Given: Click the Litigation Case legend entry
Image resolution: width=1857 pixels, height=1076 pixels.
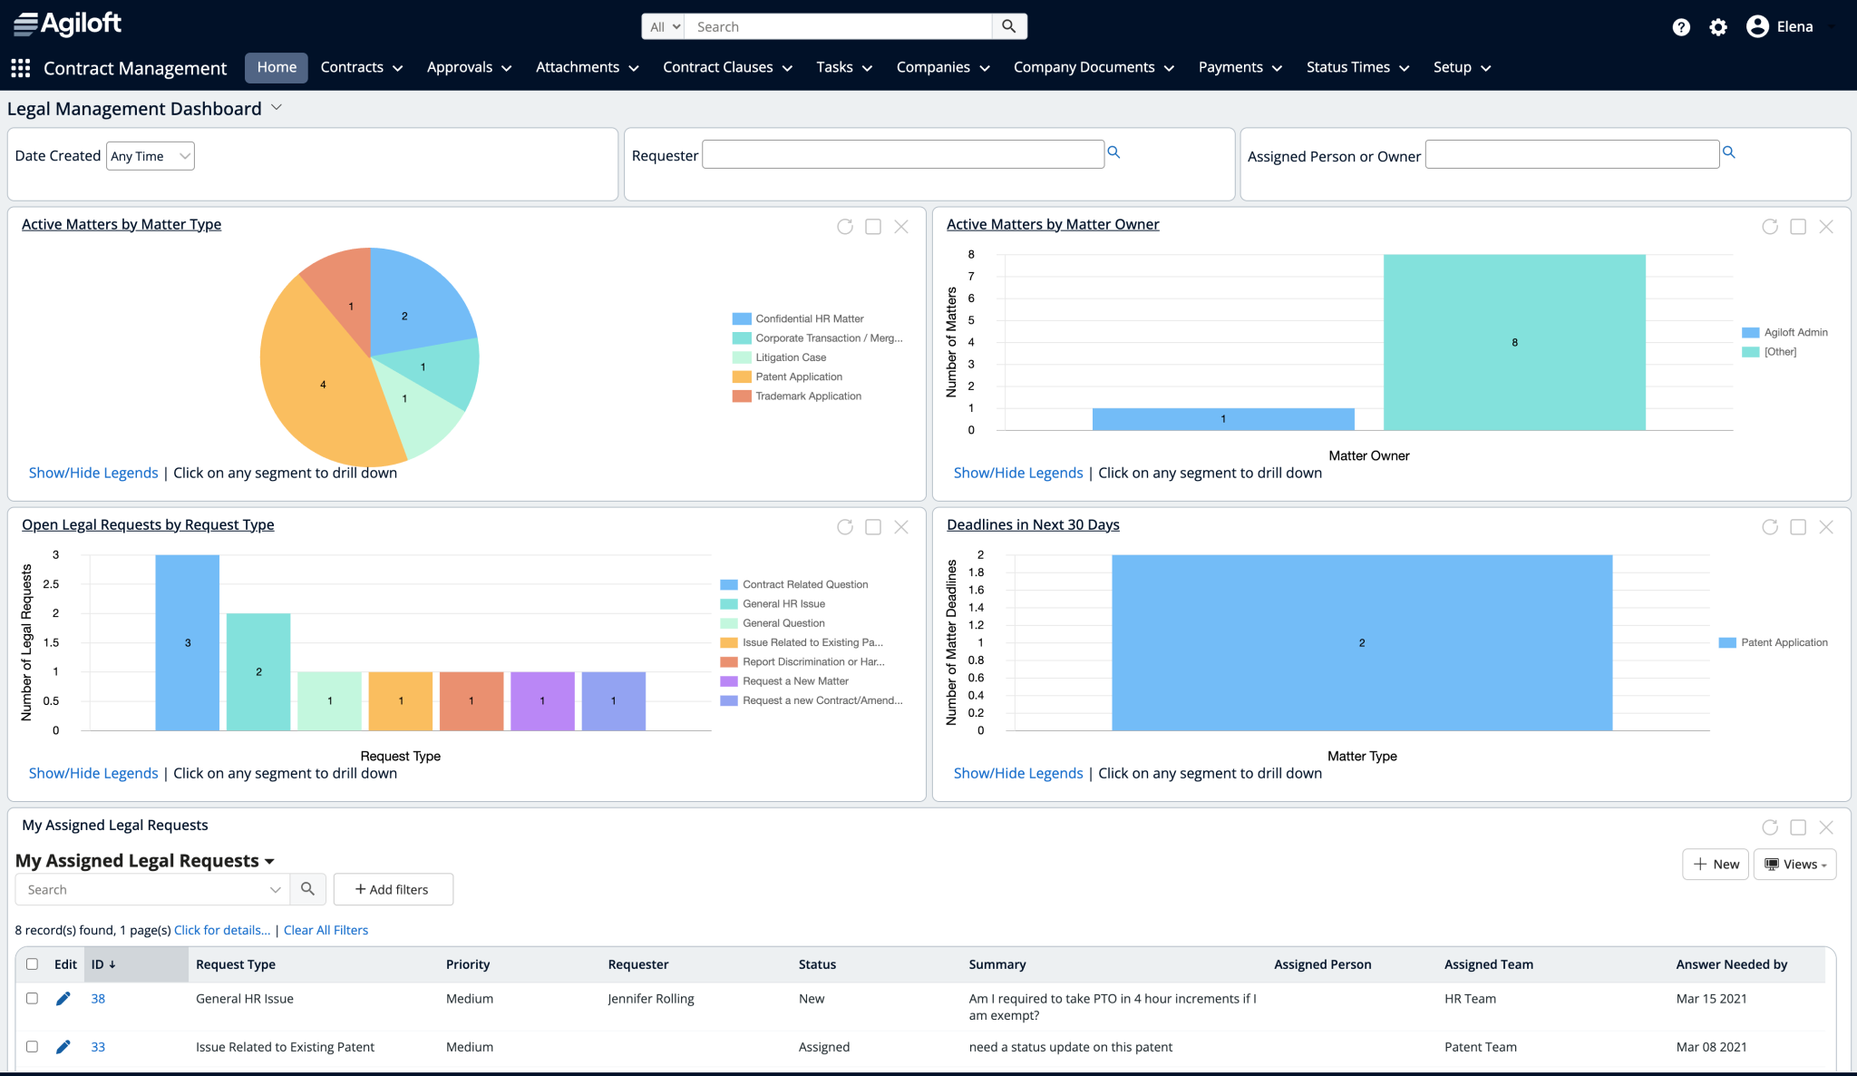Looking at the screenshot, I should pos(790,357).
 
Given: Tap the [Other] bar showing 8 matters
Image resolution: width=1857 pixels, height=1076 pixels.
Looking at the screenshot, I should pos(1513,342).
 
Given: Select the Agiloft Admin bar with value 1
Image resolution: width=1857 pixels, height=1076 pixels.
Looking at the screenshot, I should pos(1222,419).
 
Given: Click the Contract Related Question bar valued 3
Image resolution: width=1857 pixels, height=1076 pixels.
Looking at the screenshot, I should pos(187,642).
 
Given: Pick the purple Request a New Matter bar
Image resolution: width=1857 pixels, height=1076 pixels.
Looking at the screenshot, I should pos(542,700).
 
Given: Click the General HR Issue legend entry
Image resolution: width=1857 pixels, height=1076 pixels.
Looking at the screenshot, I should pos(783,604).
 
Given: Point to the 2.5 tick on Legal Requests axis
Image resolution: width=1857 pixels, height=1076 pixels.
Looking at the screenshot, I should pos(52,584).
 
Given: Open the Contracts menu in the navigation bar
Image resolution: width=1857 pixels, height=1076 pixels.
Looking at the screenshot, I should pos(361,67).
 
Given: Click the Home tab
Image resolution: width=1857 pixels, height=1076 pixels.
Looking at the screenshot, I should pos(277,67).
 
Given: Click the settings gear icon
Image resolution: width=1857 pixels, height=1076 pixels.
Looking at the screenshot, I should pos(1717,27).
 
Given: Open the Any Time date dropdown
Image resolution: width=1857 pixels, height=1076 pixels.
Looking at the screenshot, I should pos(151,156).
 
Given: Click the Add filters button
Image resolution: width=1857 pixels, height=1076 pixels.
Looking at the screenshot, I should pos(393,890).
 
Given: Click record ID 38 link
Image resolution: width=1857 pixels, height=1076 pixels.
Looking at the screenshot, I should pos(98,999).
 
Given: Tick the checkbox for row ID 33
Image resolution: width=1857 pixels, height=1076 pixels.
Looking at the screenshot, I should pos(32,1047).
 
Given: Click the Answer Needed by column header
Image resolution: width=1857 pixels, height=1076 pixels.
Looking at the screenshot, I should pos(1731,964).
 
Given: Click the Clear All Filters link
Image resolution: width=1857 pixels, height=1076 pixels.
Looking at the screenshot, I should pos(326,930).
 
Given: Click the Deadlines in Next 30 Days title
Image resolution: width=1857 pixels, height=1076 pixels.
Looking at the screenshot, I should pos(1033,524).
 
